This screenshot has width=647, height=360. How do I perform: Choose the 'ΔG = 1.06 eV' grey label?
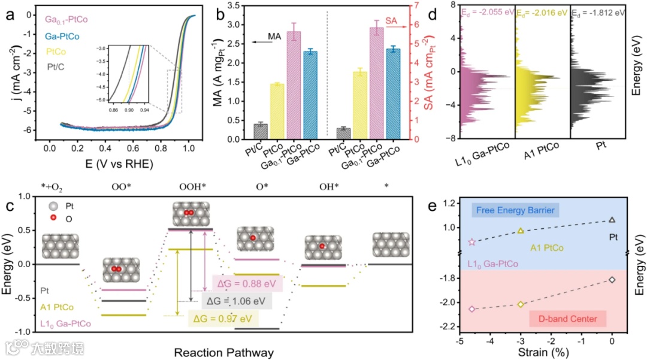click(238, 300)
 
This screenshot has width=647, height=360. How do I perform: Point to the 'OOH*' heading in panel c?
click(192, 187)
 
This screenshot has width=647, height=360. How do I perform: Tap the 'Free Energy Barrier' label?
click(516, 210)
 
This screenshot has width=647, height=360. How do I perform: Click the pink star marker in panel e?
click(471, 242)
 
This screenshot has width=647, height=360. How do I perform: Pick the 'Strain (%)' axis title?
click(535, 352)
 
